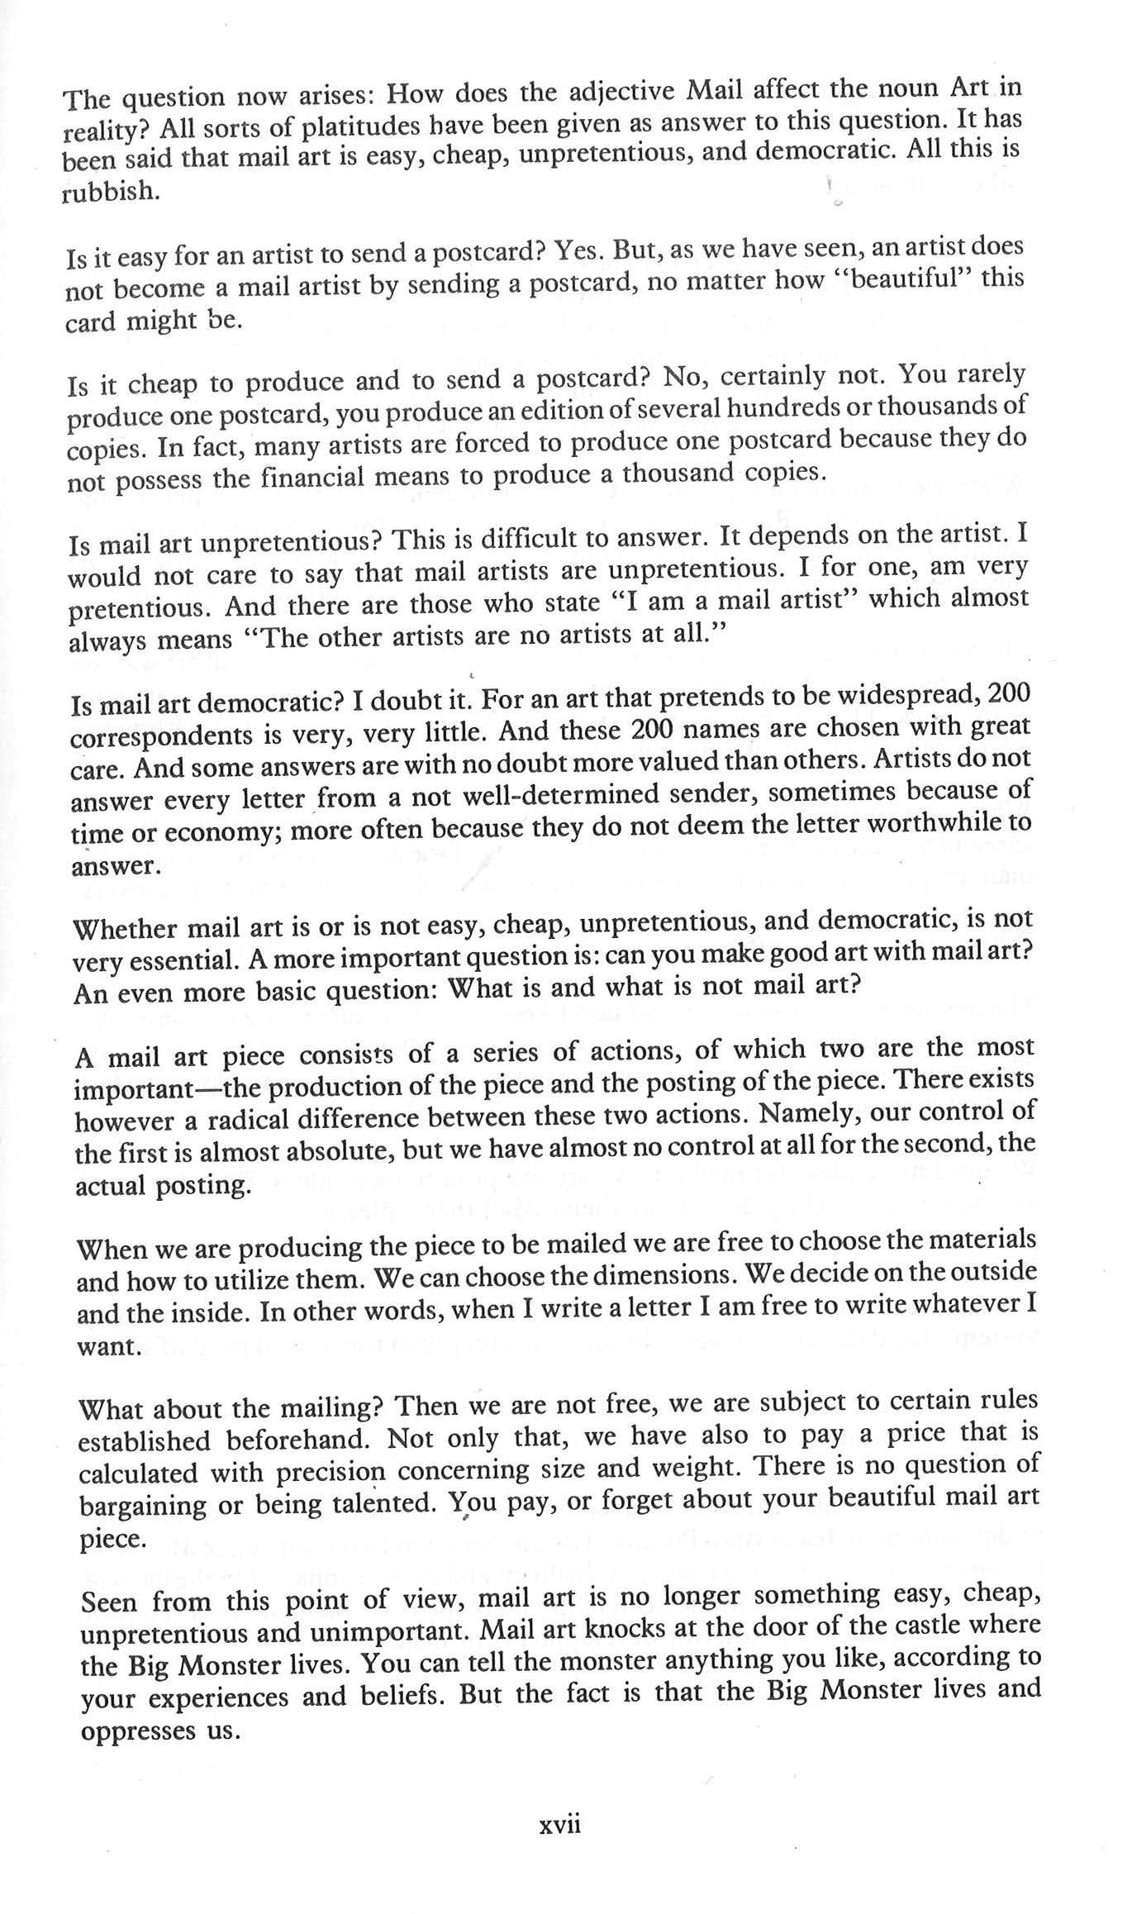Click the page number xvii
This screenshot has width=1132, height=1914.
point(559,1848)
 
